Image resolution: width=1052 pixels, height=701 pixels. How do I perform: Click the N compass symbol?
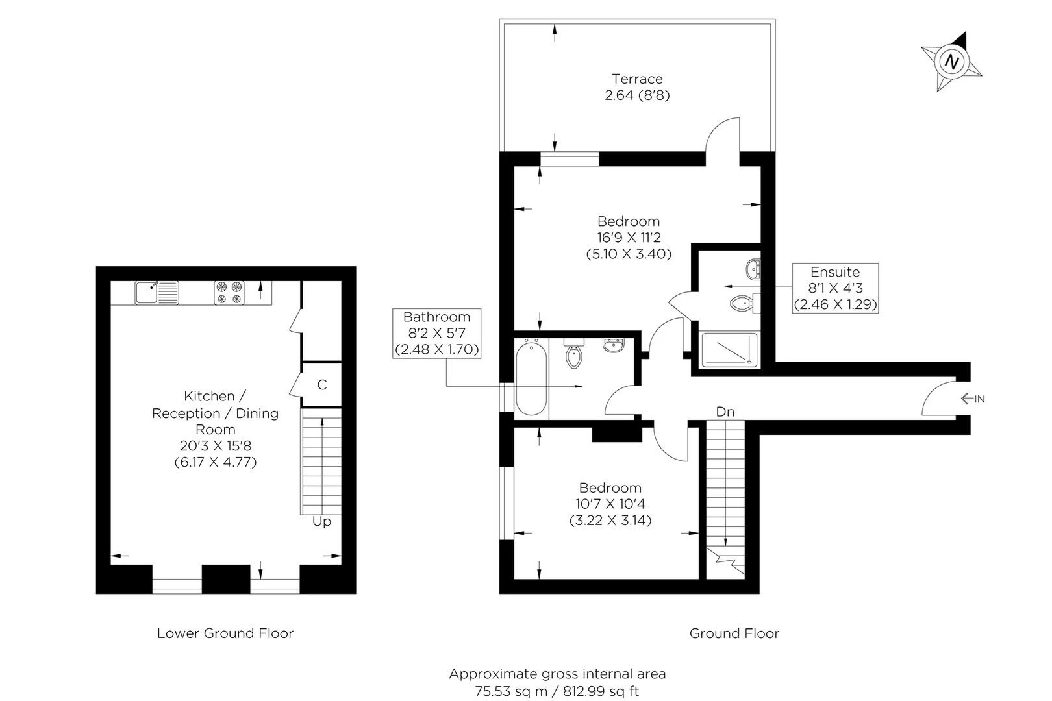[x=951, y=62]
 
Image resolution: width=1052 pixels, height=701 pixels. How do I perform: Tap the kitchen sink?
[x=157, y=293]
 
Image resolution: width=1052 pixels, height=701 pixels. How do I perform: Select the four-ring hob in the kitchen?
[x=229, y=293]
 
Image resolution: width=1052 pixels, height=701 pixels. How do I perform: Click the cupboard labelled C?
[x=321, y=384]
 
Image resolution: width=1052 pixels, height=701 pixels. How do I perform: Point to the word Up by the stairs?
[x=321, y=521]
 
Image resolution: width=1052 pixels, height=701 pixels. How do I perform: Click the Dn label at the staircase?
[x=725, y=412]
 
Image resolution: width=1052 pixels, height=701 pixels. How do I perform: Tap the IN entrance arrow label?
[x=973, y=399]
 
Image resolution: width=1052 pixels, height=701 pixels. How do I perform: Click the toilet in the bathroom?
[x=574, y=353]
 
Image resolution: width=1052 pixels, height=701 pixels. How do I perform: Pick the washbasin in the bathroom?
[x=614, y=345]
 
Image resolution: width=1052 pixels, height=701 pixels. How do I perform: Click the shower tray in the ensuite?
[x=729, y=350]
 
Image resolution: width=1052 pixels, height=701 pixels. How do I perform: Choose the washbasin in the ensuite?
[x=753, y=269]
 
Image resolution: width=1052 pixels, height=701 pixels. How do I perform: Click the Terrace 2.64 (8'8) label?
[x=637, y=87]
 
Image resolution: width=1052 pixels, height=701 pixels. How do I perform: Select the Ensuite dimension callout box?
[x=835, y=288]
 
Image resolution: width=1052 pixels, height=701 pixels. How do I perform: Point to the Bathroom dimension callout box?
[x=437, y=334]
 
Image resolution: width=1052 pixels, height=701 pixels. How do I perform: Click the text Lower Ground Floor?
[x=225, y=633]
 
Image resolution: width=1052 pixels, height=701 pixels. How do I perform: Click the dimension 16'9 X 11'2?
[x=629, y=238]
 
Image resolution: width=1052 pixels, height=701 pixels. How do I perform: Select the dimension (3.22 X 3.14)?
[x=610, y=521]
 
